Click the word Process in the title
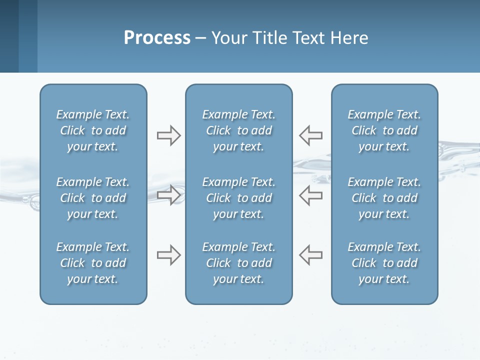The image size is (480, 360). [157, 38]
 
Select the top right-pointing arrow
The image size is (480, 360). [168, 135]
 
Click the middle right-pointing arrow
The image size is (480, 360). [168, 195]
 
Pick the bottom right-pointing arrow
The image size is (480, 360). [168, 255]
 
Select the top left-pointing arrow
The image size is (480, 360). [311, 135]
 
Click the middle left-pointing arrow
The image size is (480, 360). [311, 195]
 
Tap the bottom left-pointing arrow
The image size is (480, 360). [311, 254]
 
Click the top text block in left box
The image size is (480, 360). [93, 130]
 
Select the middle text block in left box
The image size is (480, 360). [93, 198]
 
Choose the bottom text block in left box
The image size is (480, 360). [93, 263]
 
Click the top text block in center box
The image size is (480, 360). [239, 130]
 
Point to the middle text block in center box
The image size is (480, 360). [239, 198]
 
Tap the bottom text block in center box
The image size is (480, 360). [239, 263]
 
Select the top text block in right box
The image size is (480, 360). [384, 130]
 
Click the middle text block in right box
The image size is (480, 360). [384, 198]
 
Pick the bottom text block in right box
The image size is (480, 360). [384, 263]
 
